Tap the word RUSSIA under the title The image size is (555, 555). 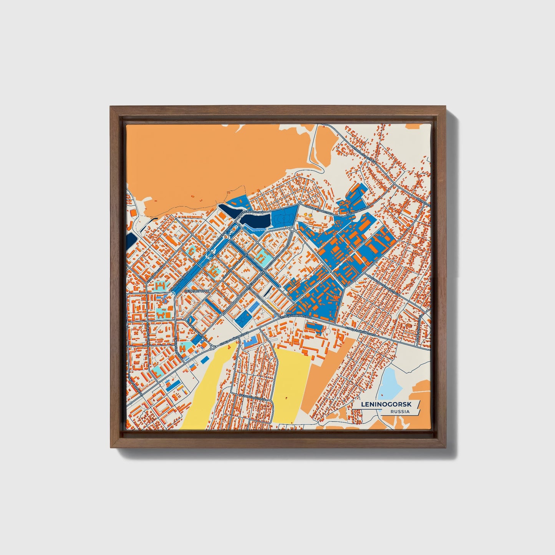[x=399, y=411]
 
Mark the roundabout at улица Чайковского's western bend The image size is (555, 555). [x=212, y=347]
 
